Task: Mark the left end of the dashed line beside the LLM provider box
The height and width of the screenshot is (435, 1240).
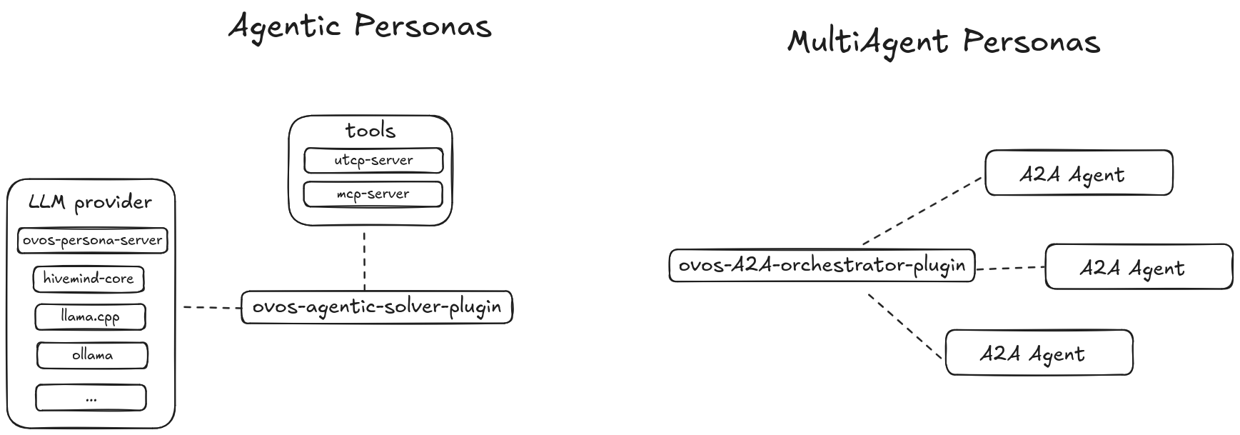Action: [183, 307]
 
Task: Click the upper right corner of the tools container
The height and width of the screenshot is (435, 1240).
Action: [452, 116]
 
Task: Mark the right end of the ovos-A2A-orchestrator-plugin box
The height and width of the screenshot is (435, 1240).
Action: [975, 265]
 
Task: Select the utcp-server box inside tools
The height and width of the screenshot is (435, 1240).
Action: [373, 160]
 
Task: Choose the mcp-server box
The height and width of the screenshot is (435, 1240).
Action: [373, 194]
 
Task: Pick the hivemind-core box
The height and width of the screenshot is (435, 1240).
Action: [89, 279]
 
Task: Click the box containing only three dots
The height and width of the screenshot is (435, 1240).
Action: [91, 398]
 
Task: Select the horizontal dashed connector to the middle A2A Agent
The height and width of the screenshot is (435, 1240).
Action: [1010, 269]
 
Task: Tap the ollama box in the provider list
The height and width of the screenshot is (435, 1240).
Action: [92, 355]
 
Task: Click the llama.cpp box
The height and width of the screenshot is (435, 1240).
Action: [91, 316]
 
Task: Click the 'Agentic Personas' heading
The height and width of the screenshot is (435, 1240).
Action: [360, 26]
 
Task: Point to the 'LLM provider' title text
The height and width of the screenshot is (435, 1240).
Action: [90, 202]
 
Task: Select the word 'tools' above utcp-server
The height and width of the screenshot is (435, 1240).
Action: [370, 130]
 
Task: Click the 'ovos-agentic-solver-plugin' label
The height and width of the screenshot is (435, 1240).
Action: [377, 307]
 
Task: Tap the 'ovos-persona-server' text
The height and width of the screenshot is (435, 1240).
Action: [92, 240]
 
